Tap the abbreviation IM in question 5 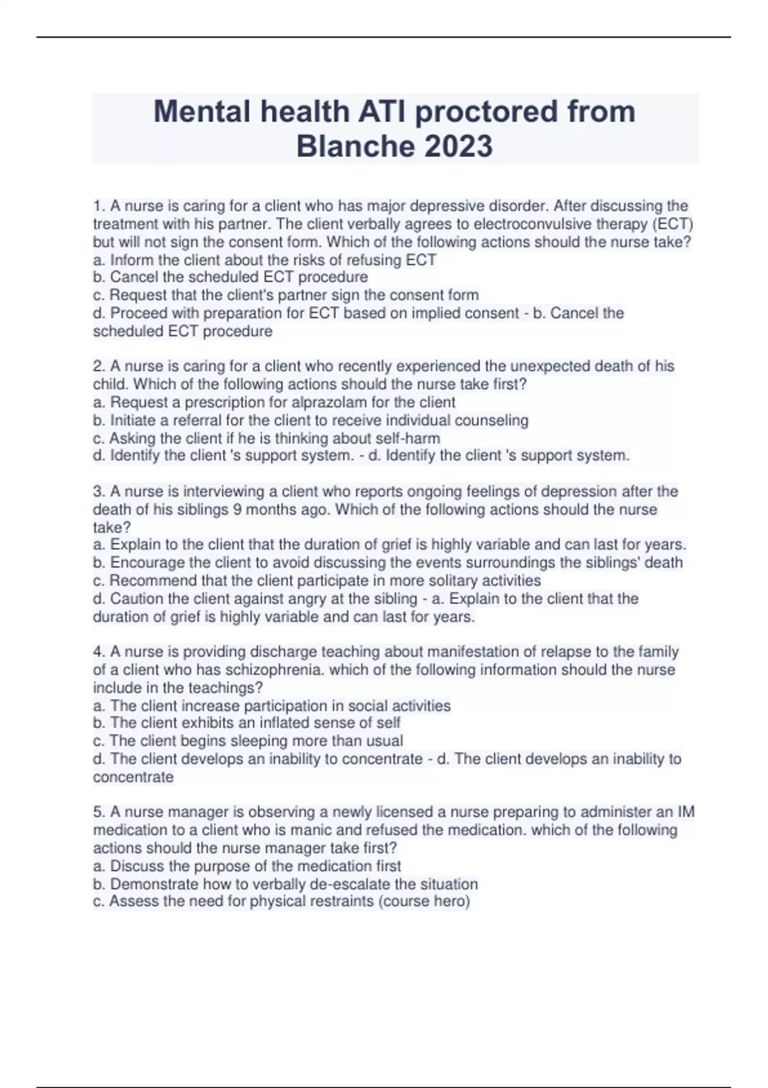[685, 812]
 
